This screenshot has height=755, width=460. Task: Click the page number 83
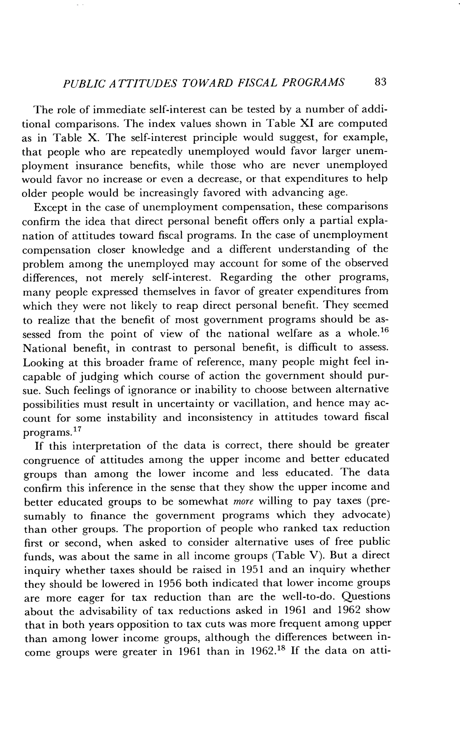click(380, 82)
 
